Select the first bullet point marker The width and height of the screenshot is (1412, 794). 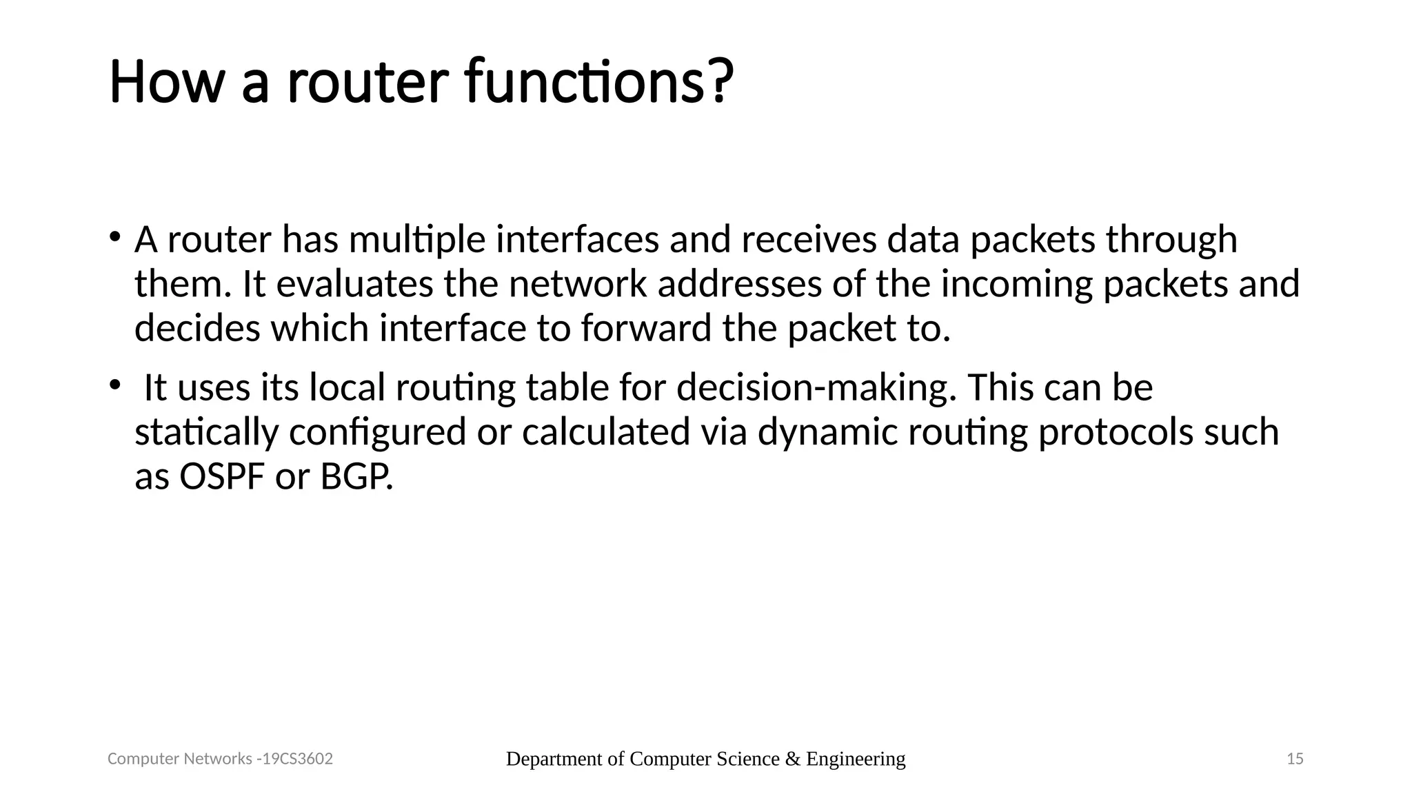114,237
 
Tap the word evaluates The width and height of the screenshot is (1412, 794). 354,284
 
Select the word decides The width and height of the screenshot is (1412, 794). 197,328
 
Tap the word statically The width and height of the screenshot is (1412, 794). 206,433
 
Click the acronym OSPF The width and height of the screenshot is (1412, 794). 222,477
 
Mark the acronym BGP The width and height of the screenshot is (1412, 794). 356,477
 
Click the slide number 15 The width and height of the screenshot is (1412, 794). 1295,759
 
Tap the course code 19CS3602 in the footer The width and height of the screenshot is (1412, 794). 298,759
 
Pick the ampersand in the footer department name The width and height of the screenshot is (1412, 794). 792,759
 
